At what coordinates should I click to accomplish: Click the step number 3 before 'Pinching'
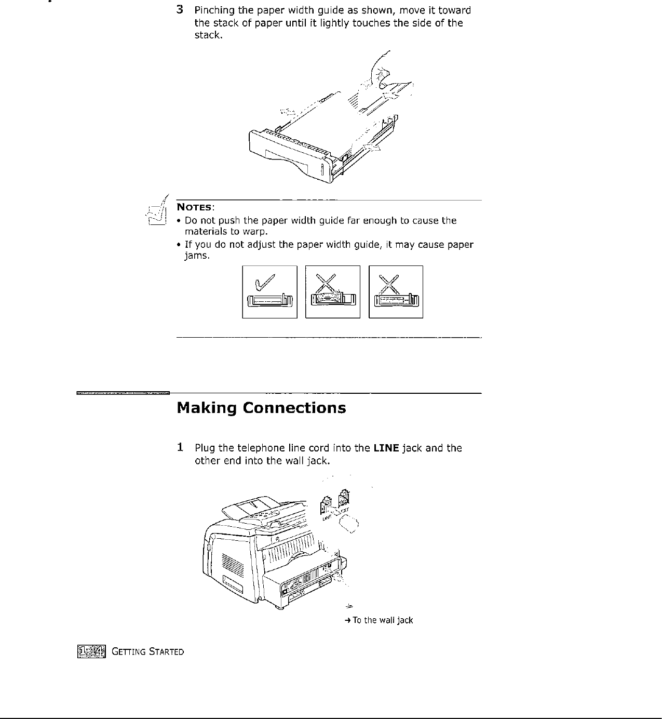180,10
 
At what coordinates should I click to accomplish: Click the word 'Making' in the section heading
207,408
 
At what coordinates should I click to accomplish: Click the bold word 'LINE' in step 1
385,448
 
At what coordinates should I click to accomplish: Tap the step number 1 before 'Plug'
180,447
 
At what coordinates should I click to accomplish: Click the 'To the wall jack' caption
382,620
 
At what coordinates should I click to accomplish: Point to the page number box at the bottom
91,650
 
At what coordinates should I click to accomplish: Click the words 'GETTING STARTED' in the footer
147,651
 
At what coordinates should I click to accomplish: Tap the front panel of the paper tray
291,156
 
